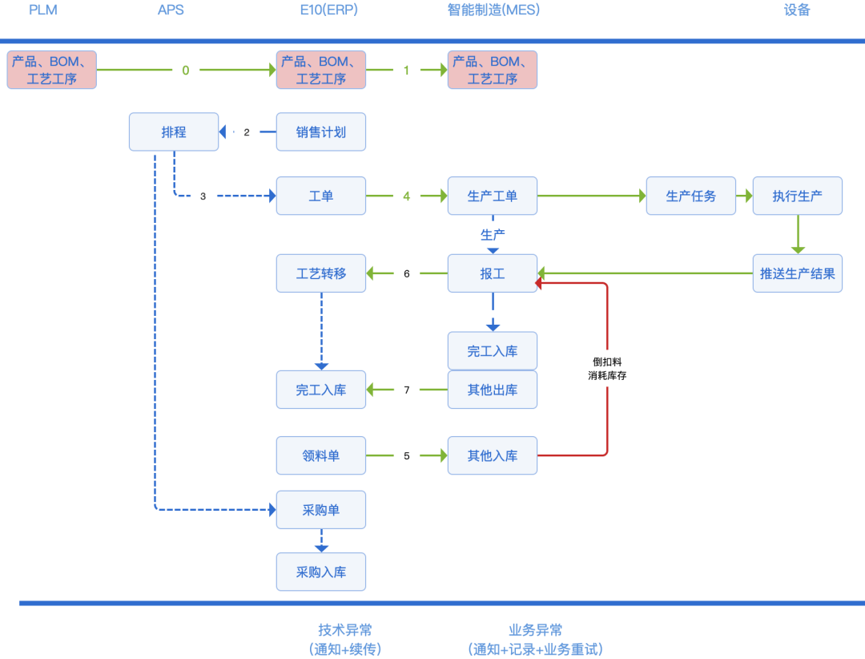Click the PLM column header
[42, 10]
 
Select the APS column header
[171, 10]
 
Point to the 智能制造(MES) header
[493, 10]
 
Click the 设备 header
[797, 10]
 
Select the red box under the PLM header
[52, 70]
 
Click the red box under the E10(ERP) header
[321, 70]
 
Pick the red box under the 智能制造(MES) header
[492, 70]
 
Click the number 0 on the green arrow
[186, 71]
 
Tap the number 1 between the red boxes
[407, 71]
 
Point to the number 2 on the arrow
[247, 132]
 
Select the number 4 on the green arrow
[407, 196]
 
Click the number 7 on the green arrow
[407, 390]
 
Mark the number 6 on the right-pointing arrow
[407, 455]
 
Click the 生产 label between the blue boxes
[493, 235]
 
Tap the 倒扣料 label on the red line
[606, 362]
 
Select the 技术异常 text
[344, 630]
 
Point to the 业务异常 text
[535, 630]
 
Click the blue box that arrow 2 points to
[174, 132]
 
